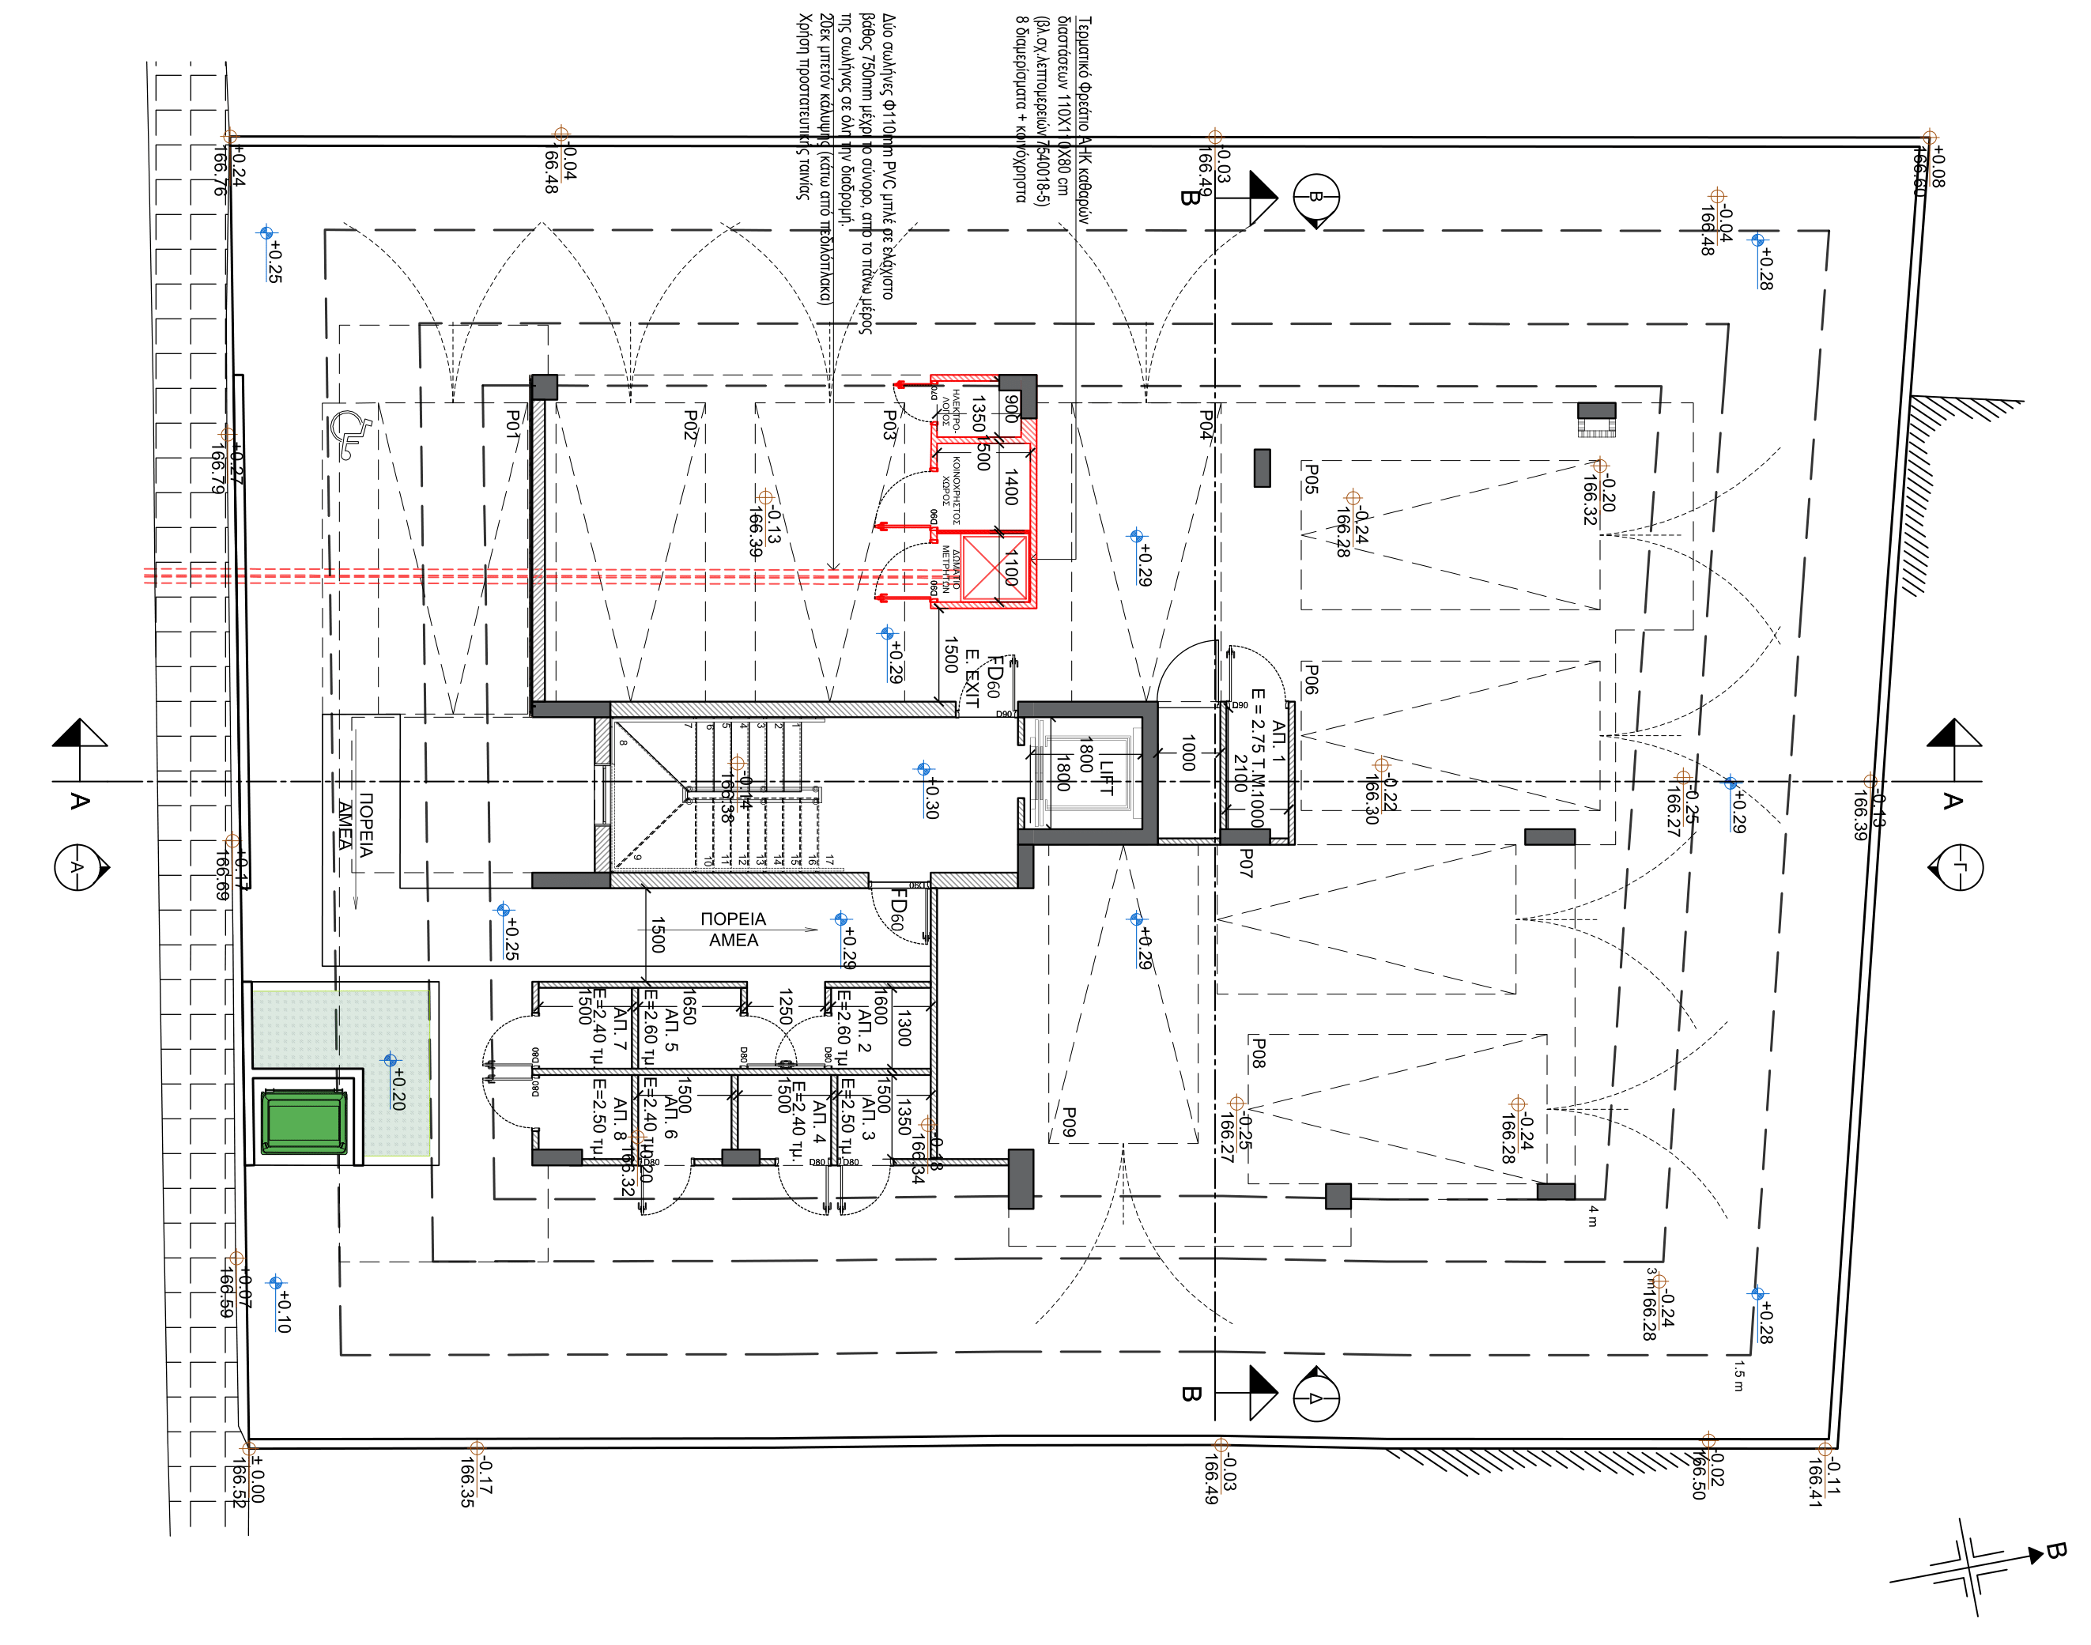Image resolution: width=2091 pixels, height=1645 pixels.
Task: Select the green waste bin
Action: click(305, 1122)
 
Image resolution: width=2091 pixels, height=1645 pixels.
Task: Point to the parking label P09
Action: click(1068, 1121)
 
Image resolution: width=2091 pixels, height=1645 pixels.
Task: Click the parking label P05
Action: click(1311, 479)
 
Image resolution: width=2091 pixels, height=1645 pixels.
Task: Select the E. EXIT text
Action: click(971, 678)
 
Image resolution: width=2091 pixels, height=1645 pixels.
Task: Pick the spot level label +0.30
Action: click(930, 799)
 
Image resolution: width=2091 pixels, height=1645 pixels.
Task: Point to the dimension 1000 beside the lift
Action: click(1187, 753)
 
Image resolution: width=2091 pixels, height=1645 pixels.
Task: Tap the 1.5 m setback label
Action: click(1738, 1375)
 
